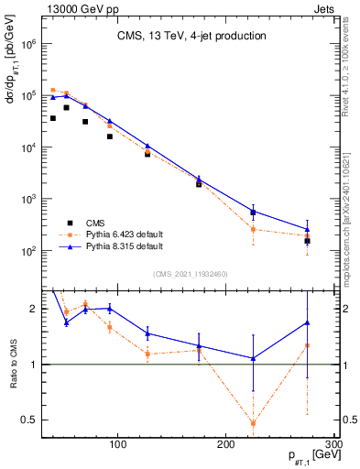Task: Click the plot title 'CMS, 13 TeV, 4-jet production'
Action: [x=191, y=36]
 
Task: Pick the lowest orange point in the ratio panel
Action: [x=253, y=423]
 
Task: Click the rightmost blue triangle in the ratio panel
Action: [x=307, y=322]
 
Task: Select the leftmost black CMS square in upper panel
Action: [x=53, y=118]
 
